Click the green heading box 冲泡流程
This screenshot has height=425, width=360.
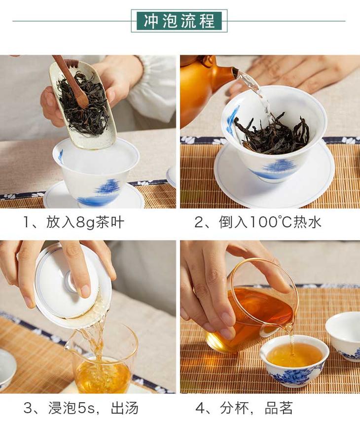179,21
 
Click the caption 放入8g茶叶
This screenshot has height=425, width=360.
85,222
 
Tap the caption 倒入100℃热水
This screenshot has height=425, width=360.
270,222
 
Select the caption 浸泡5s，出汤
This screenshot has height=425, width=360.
93,408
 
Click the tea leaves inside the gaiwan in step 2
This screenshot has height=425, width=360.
272,132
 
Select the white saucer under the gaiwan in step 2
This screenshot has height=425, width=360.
274,174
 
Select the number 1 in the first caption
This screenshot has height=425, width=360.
28,223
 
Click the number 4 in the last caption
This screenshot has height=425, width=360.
201,408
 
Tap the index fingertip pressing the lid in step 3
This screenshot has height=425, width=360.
85,291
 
